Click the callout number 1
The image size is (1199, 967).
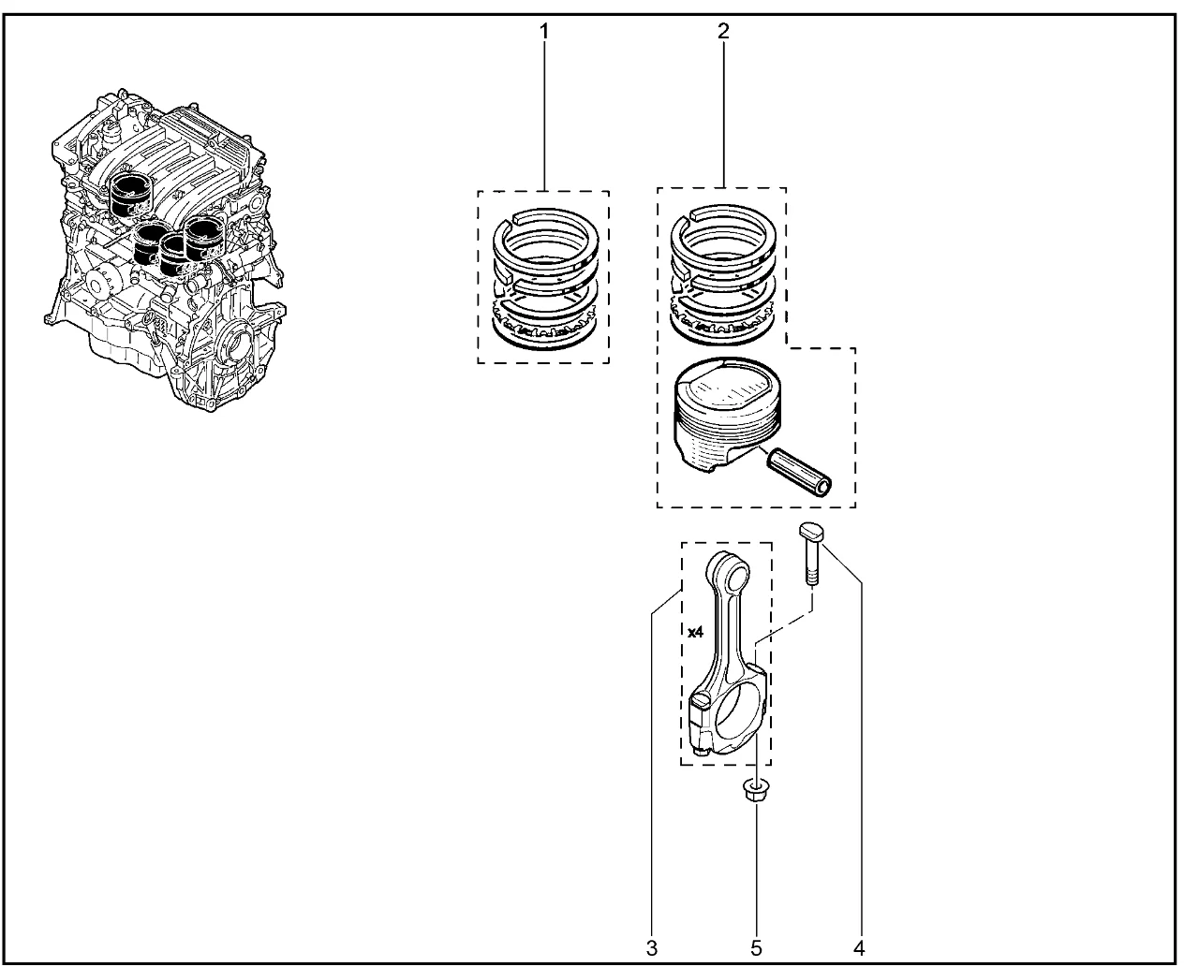coord(544,32)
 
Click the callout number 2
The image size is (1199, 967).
coord(723,31)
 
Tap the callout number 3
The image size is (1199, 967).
coord(652,948)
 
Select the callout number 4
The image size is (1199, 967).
coord(859,948)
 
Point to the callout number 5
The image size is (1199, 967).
coord(756,948)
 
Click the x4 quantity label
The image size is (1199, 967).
coord(696,632)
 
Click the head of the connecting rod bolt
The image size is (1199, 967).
coord(810,530)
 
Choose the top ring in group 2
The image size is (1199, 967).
coord(723,232)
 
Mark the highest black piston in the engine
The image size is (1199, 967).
coord(131,195)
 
